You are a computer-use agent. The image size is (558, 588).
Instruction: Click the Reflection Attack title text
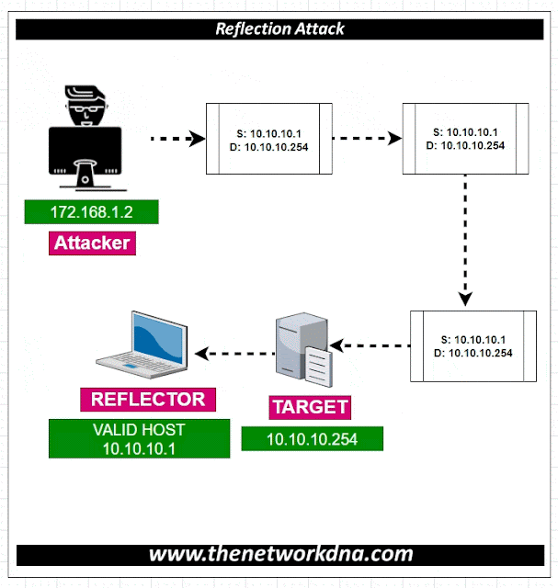pyautogui.click(x=279, y=28)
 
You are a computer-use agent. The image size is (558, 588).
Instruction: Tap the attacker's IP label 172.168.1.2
pyautogui.click(x=91, y=212)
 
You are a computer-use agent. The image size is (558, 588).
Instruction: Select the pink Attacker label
pyautogui.click(x=91, y=243)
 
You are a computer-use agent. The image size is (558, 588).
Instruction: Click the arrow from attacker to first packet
pyautogui.click(x=176, y=140)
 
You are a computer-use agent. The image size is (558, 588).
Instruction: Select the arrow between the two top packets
pyautogui.click(x=367, y=140)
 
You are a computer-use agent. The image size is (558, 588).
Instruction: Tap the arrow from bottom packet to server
pyautogui.click(x=370, y=346)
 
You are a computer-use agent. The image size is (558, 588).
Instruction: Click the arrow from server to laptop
pyautogui.click(x=231, y=353)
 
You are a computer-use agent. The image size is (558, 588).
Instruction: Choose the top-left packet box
pyautogui.click(x=268, y=140)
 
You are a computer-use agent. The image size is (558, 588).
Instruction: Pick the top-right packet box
pyautogui.click(x=466, y=140)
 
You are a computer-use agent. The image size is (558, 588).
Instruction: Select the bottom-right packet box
pyautogui.click(x=473, y=346)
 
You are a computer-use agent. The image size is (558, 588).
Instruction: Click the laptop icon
pyautogui.click(x=148, y=345)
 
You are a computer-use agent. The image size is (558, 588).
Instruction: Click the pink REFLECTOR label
pyautogui.click(x=148, y=400)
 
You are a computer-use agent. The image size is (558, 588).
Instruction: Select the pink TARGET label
pyautogui.click(x=309, y=407)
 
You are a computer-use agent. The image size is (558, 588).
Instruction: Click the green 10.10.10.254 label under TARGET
pyautogui.click(x=312, y=439)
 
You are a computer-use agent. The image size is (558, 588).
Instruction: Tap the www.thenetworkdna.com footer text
pyautogui.click(x=279, y=554)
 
